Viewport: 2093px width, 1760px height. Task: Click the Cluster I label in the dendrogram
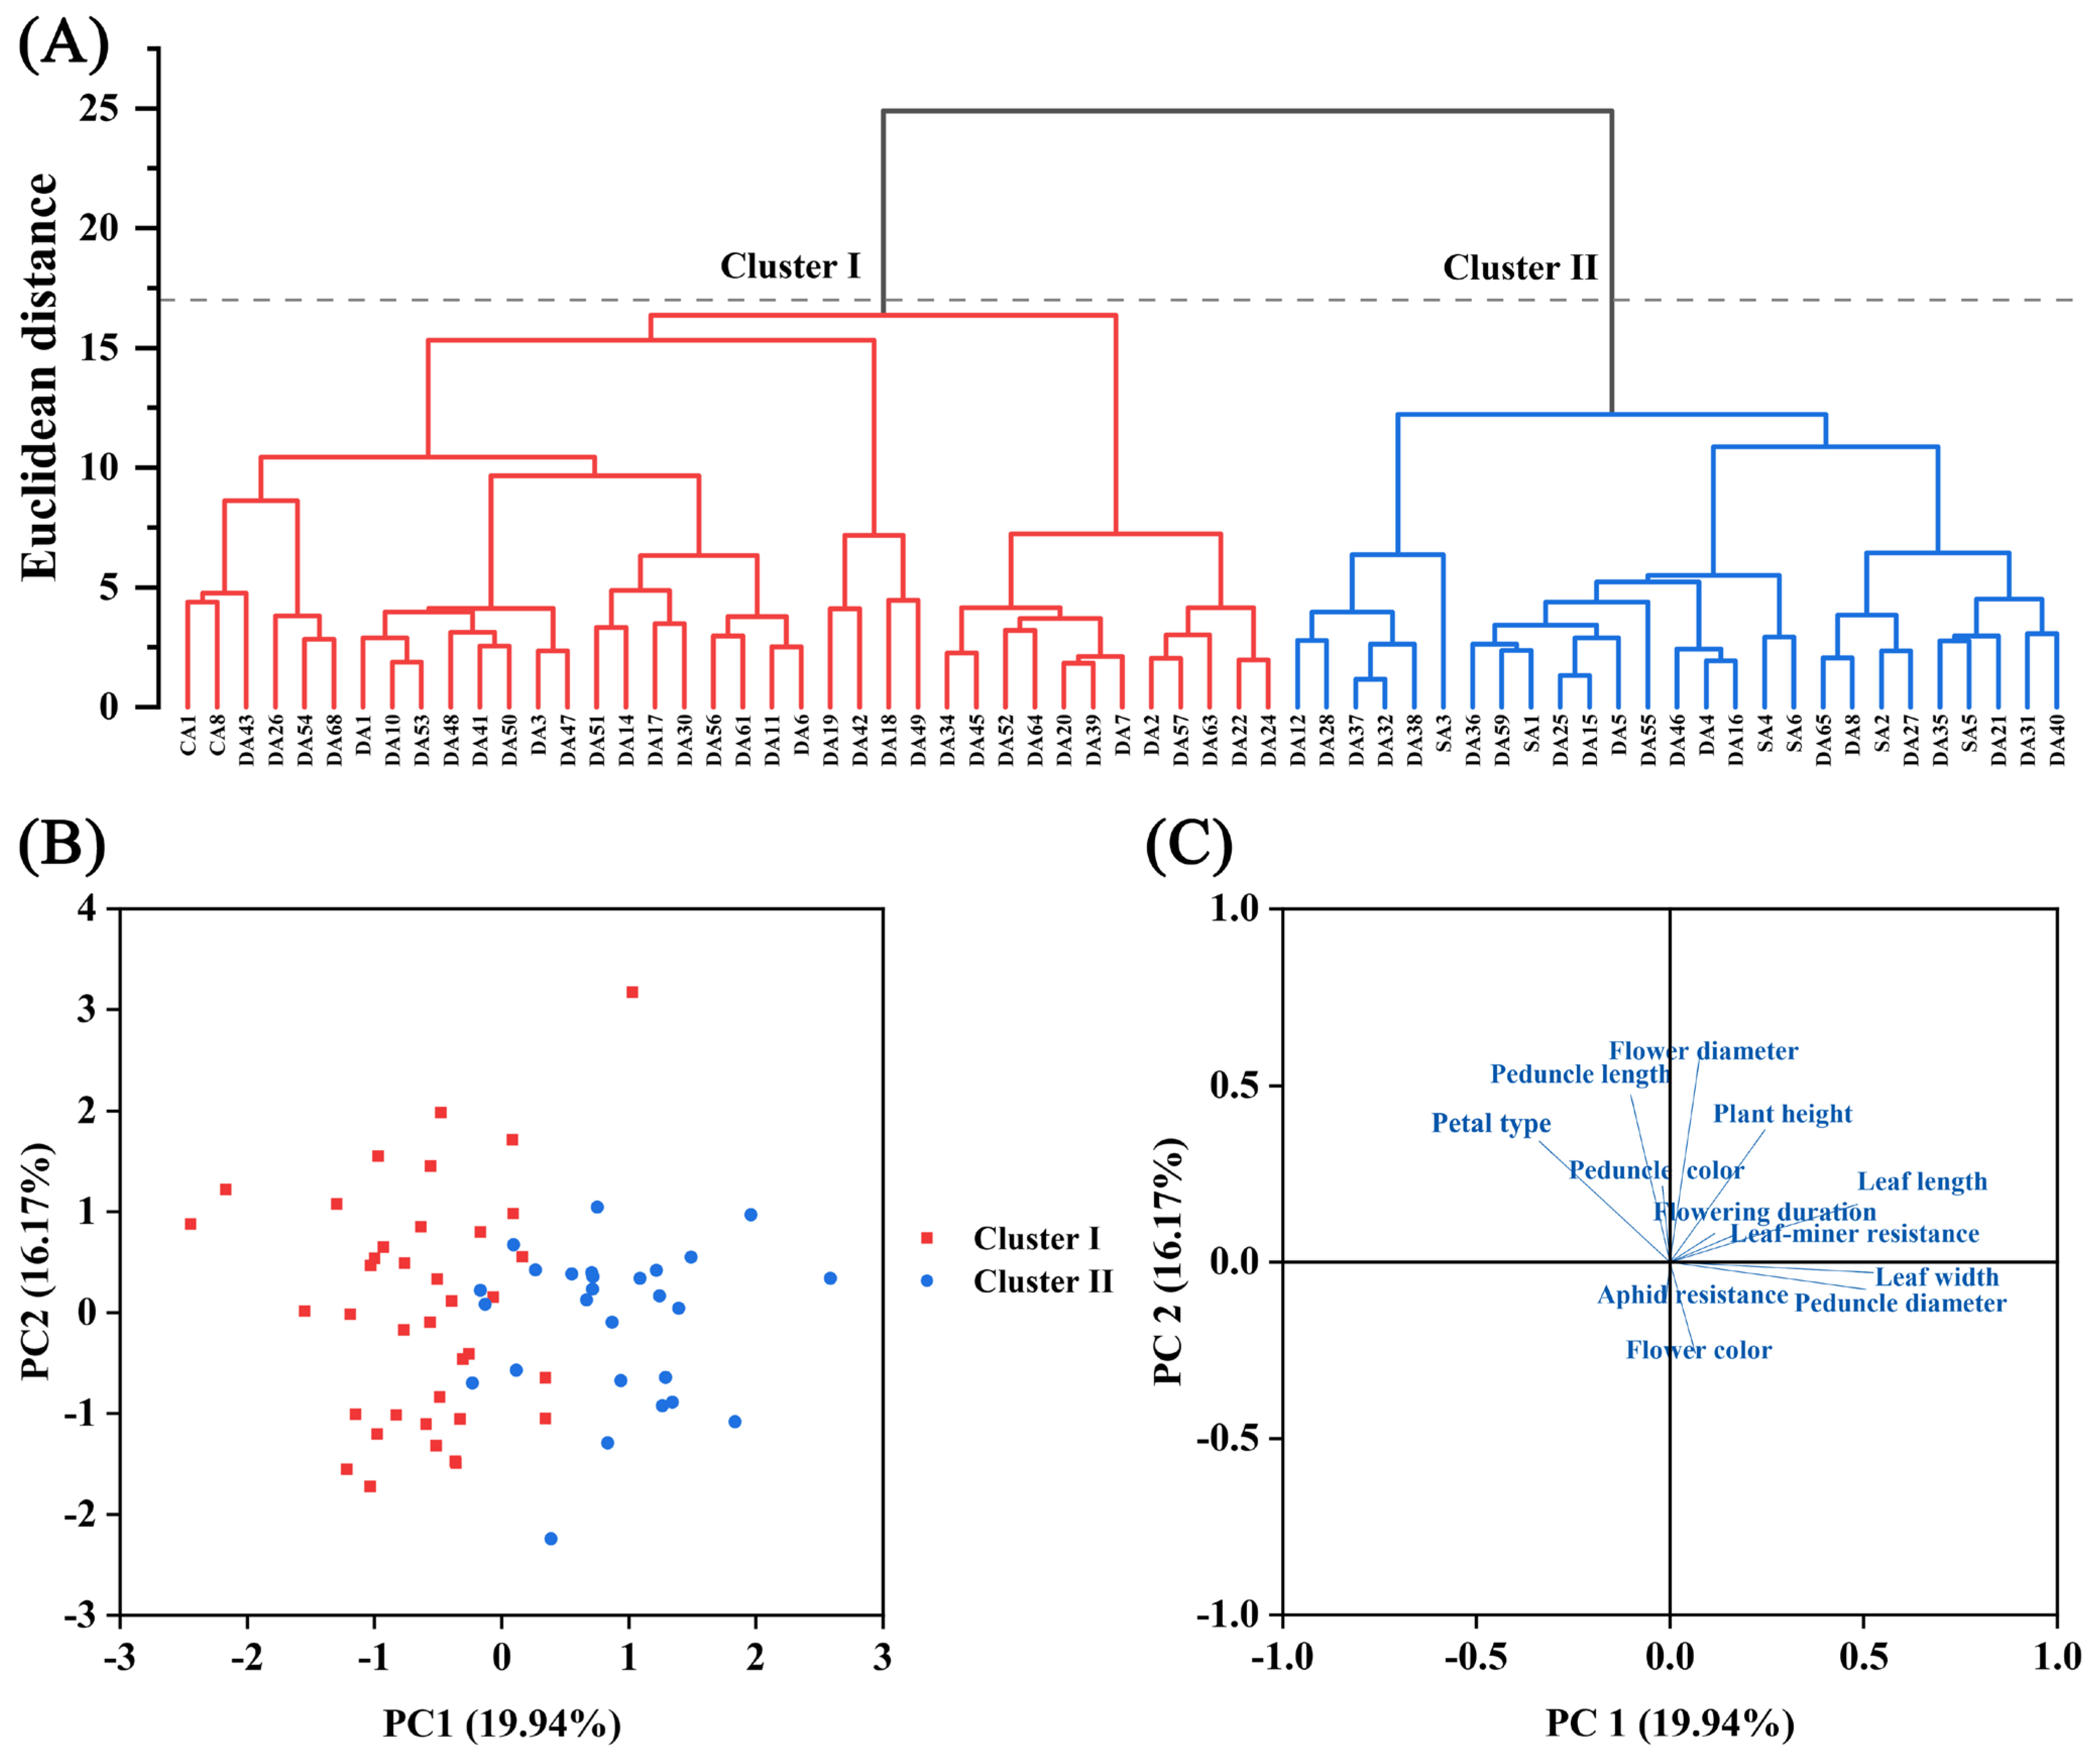click(x=789, y=266)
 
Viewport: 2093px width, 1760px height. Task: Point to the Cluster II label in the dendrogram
click(x=1519, y=268)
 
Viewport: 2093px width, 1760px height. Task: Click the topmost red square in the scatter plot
click(x=632, y=992)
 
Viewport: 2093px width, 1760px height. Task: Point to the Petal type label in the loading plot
click(x=1491, y=1124)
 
